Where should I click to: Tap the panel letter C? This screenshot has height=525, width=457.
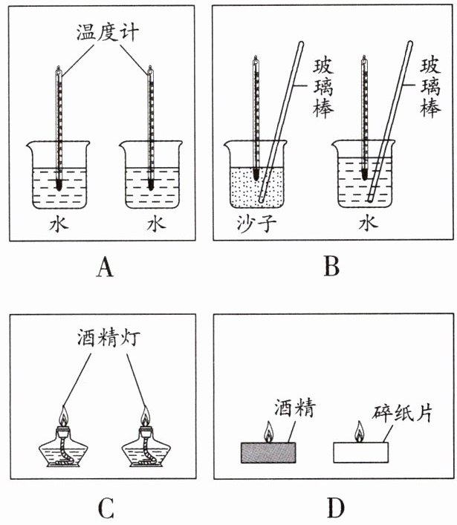[x=105, y=508]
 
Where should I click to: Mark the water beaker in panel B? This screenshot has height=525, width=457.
[x=365, y=178]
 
